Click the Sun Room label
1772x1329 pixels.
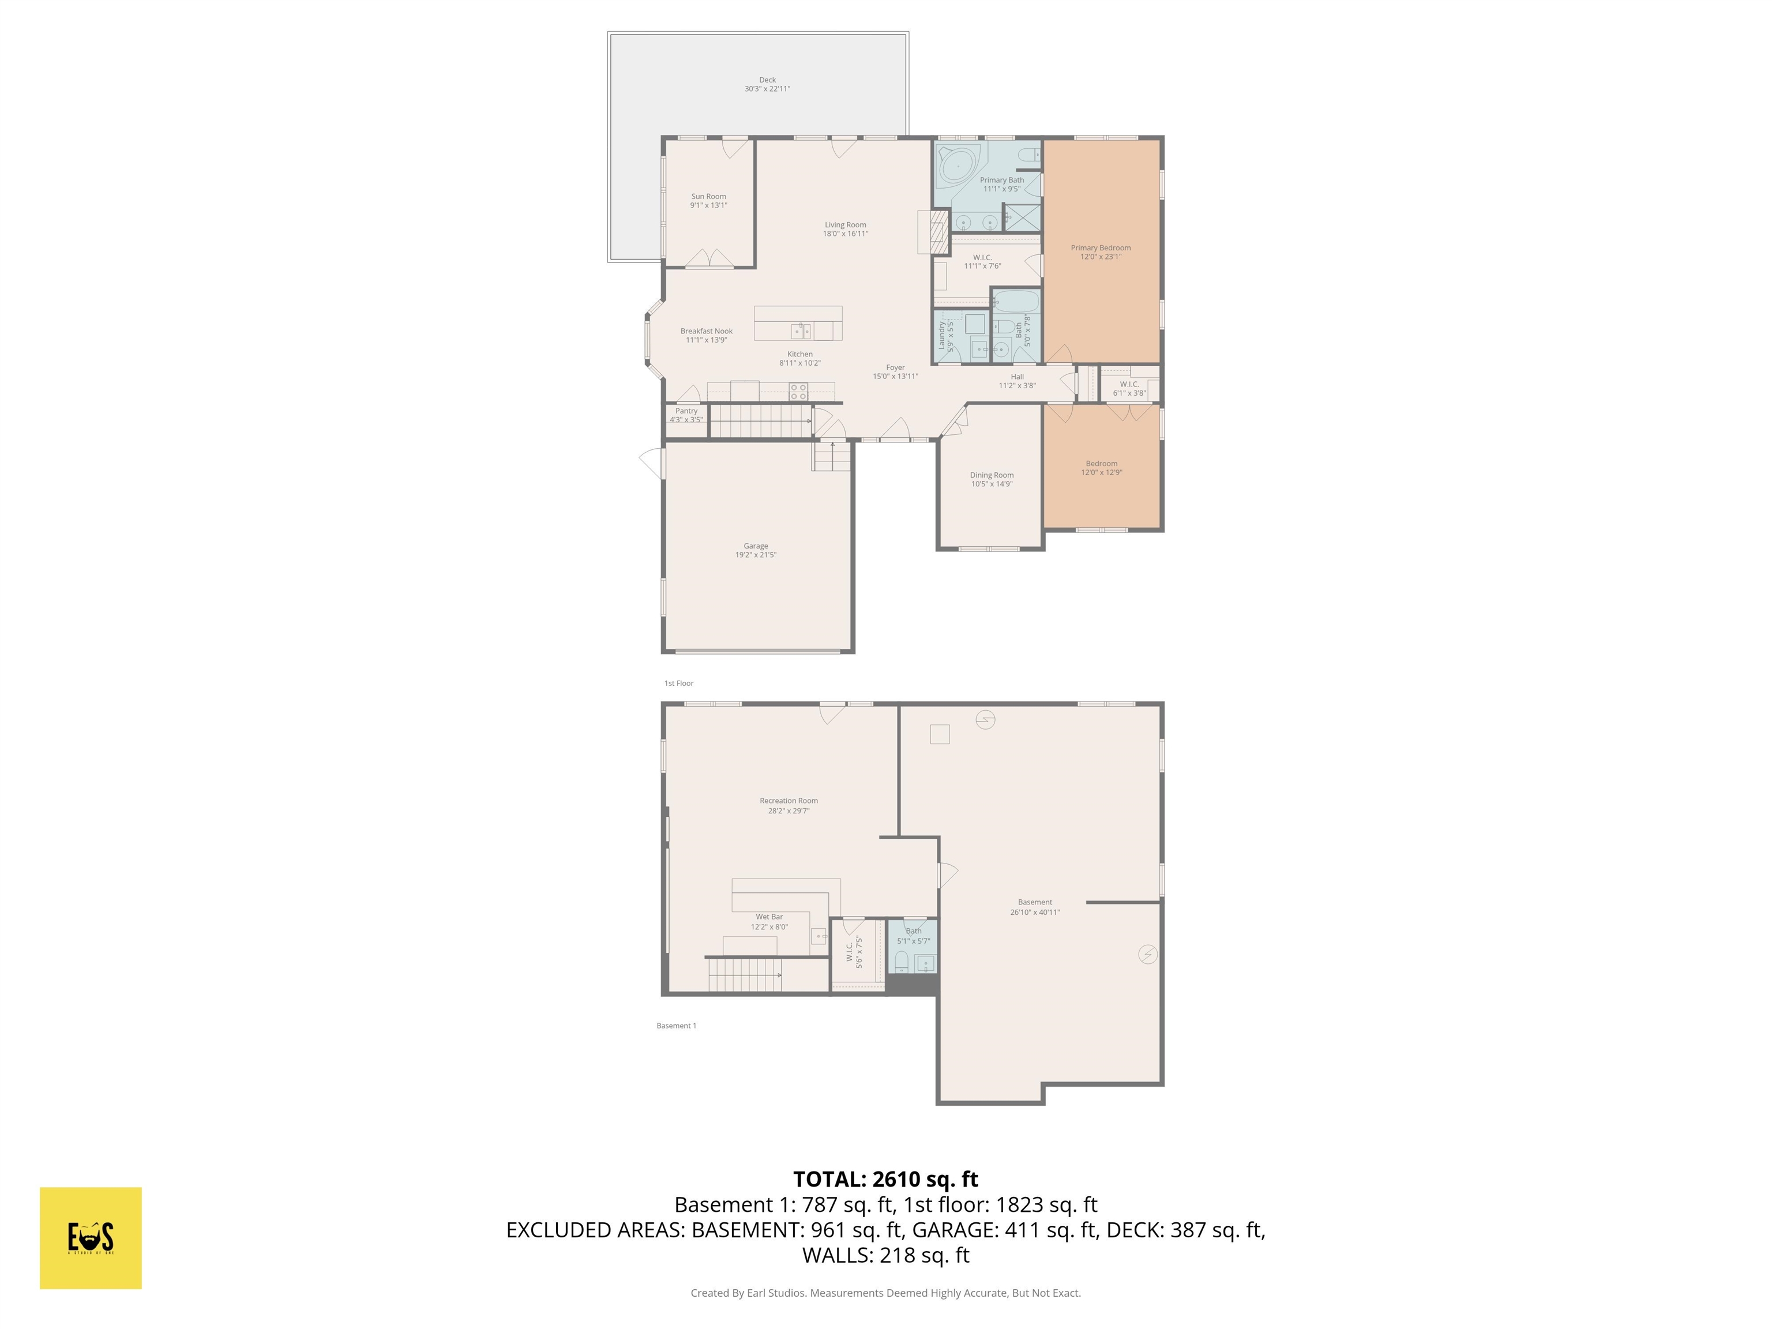(708, 196)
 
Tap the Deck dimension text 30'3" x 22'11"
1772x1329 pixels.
(767, 89)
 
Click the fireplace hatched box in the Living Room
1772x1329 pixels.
(940, 232)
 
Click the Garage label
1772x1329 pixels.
(756, 546)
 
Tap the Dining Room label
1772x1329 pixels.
(992, 475)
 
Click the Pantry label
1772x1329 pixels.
(686, 411)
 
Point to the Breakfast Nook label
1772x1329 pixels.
(707, 331)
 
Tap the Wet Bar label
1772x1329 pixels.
(769, 917)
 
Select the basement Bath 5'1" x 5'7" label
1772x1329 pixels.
(913, 936)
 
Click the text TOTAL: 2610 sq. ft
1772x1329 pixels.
(885, 1179)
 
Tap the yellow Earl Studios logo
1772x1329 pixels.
(91, 1238)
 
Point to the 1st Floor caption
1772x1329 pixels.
(678, 684)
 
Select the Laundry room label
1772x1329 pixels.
(942, 336)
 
